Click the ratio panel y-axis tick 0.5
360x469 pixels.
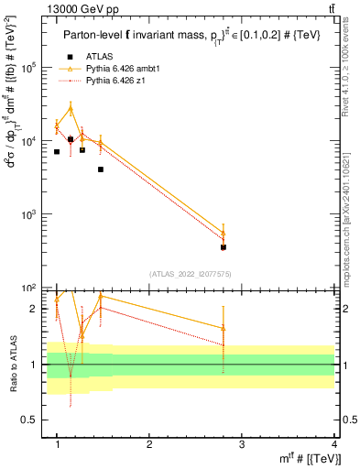(x=30, y=420)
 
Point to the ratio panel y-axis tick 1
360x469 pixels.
(x=33, y=365)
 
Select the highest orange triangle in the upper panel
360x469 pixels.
(x=71, y=109)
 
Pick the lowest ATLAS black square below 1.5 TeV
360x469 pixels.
(x=101, y=169)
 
